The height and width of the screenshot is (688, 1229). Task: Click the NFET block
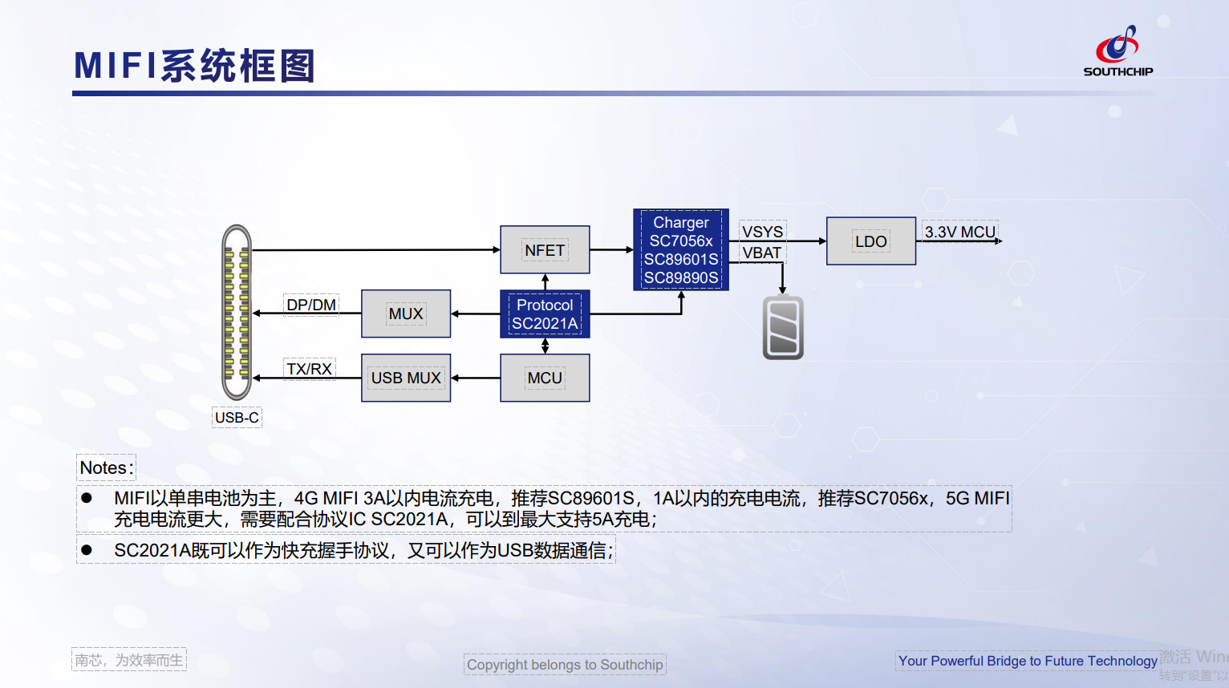coord(545,250)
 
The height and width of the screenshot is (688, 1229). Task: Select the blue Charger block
coord(681,249)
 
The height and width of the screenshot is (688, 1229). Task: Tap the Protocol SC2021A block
coord(545,314)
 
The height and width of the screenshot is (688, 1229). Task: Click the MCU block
coord(545,378)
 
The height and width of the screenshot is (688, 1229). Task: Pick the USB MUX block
coord(406,378)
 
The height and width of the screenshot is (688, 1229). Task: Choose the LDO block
coord(870,241)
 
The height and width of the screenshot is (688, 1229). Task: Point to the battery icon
coord(783,328)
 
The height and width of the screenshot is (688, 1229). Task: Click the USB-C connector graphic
coord(237,313)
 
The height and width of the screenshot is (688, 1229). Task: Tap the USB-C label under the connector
coord(237,418)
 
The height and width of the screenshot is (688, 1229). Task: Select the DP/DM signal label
coord(311,305)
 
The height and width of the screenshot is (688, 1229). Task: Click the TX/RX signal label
coord(310,369)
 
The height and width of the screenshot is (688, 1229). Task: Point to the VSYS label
coord(762,232)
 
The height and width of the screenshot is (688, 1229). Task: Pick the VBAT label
coord(761,253)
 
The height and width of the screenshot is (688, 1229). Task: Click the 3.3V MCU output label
coord(959,232)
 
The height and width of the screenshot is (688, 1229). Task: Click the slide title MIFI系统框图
coord(195,66)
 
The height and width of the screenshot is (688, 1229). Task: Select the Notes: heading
coord(107,467)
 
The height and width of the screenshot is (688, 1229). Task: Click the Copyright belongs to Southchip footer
coord(565,665)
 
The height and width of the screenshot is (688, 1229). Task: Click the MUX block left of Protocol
coord(406,314)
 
